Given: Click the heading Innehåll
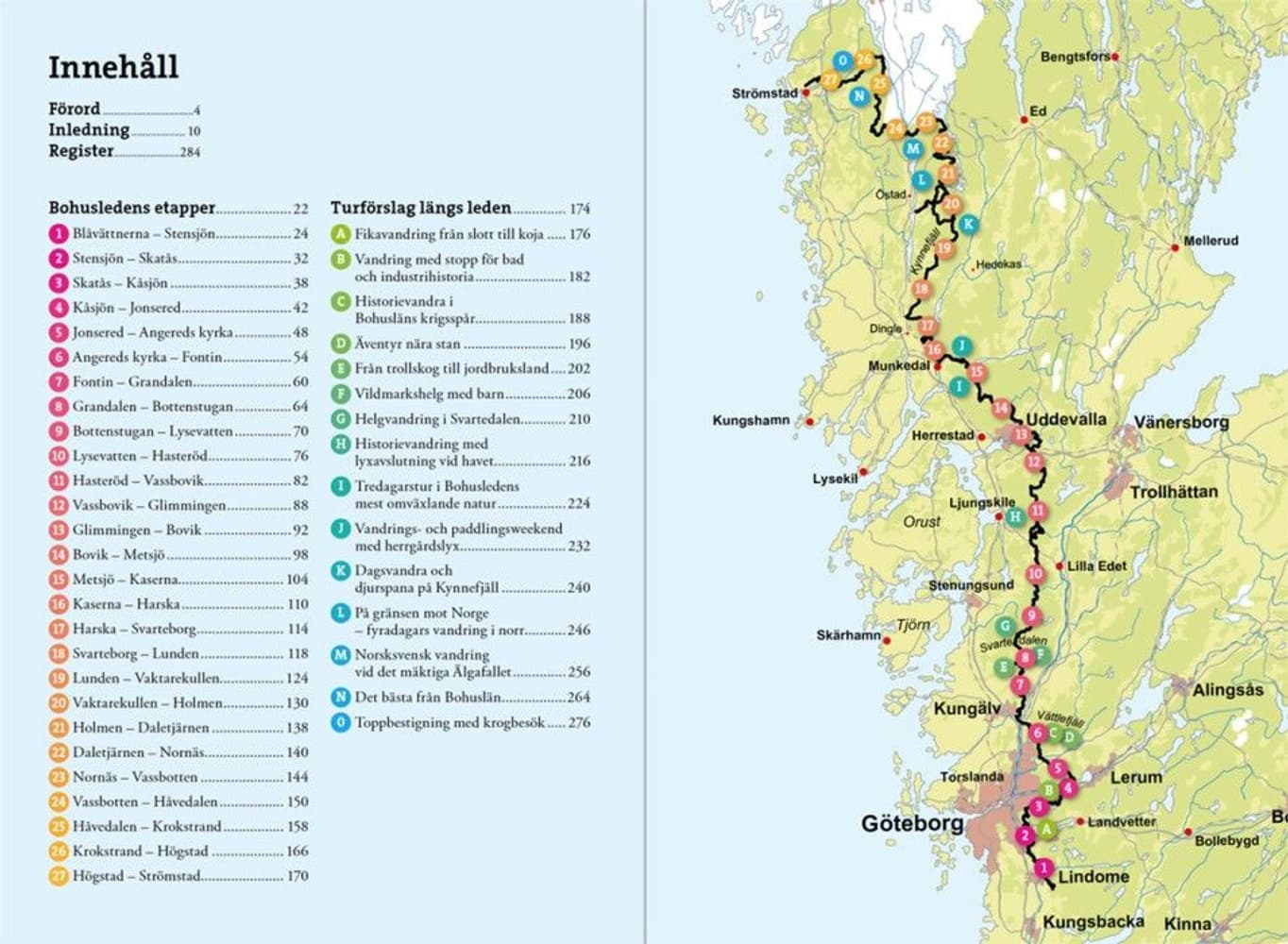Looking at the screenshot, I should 113,67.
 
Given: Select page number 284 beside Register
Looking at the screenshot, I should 190,152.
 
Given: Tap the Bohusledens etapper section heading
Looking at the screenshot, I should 132,208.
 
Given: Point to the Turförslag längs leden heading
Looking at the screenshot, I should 420,208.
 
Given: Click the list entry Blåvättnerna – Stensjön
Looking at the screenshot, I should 144,233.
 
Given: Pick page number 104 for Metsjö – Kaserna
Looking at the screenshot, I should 297,579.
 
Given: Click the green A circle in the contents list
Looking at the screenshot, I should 341,234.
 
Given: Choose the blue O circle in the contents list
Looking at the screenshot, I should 341,722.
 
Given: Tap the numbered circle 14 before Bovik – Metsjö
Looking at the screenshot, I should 59,555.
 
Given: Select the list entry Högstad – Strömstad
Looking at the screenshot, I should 136,876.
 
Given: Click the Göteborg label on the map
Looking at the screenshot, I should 912,824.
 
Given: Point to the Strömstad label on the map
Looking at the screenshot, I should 764,93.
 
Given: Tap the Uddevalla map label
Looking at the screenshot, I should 1065,419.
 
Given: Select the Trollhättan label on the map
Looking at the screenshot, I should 1174,492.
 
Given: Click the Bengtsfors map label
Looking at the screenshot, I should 1075,57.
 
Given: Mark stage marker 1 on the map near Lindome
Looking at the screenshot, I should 1042,868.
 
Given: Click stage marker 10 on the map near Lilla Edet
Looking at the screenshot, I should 1035,574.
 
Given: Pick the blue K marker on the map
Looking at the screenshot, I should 968,225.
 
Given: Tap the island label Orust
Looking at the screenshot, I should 922,521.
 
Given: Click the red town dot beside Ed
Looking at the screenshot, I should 1024,120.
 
